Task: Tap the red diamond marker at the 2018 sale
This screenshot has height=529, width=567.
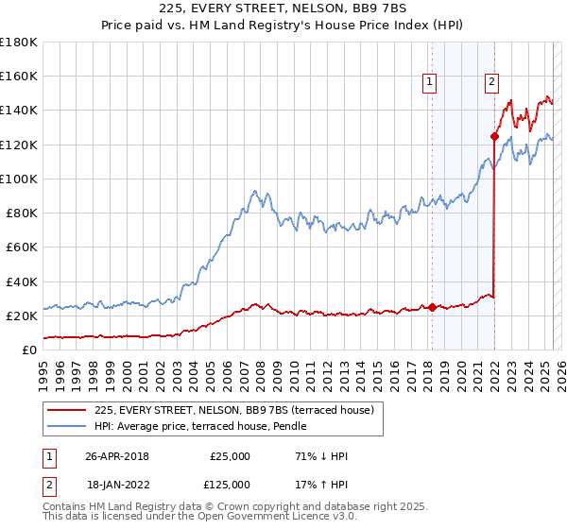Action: click(432, 307)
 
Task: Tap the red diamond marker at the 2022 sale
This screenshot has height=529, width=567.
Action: click(494, 136)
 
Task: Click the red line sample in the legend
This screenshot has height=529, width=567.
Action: click(67, 410)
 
